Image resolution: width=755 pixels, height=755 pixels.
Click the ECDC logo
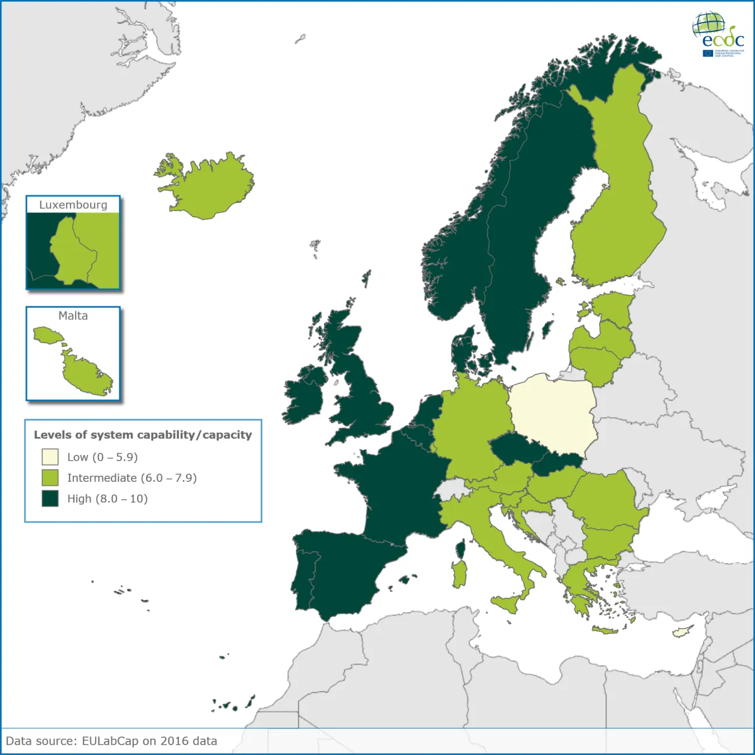pos(718,34)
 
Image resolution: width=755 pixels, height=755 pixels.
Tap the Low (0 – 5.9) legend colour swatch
pos(50,457)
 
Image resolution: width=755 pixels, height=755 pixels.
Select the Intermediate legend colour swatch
pos(50,478)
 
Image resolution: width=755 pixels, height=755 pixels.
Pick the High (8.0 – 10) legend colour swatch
pos(50,499)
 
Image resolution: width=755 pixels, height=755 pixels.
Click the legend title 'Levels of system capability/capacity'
pos(143,435)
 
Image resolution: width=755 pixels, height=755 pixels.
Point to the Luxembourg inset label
pos(73,205)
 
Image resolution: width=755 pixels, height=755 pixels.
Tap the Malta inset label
pos(73,316)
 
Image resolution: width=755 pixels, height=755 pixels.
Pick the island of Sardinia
pos(459,574)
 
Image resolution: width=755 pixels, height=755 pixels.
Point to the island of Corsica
pos(460,549)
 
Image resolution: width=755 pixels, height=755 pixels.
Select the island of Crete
pos(605,630)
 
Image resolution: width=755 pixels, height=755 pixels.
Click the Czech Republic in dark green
pos(516,449)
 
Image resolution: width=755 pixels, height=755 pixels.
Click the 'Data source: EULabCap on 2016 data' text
pos(111,741)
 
